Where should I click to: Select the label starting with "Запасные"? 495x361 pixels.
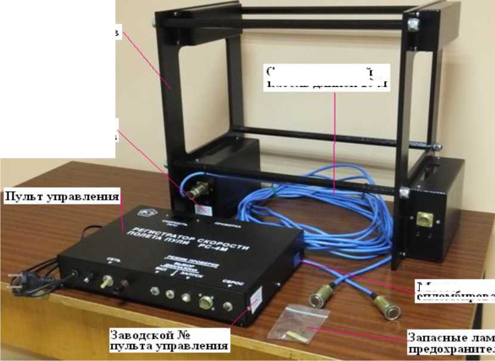(451, 341)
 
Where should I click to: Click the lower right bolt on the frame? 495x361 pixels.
(405, 192)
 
